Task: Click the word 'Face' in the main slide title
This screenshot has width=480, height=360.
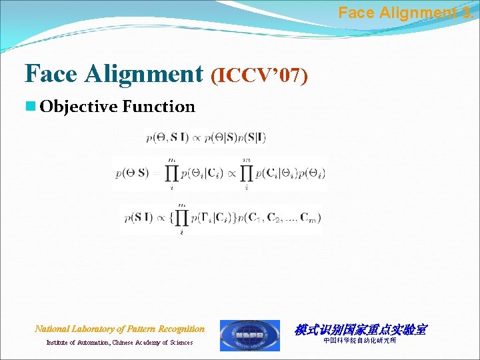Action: (x=51, y=74)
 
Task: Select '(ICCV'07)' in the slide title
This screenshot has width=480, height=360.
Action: (x=259, y=76)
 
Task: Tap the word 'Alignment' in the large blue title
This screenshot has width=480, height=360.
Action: (x=144, y=74)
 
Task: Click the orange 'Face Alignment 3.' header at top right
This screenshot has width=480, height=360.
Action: (x=407, y=12)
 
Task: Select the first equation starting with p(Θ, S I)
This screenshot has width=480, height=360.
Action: (x=205, y=137)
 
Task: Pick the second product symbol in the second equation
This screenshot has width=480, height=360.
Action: (x=247, y=173)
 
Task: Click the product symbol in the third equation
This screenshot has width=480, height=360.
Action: (x=182, y=217)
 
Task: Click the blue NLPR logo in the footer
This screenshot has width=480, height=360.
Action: (x=250, y=335)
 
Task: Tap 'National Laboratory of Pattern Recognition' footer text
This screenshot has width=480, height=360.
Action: (x=120, y=329)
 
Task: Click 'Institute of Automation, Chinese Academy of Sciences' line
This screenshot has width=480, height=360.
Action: (x=119, y=343)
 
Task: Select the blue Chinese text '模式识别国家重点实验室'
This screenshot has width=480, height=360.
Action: (x=360, y=329)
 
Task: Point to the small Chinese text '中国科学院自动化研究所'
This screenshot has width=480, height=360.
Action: (x=359, y=341)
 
